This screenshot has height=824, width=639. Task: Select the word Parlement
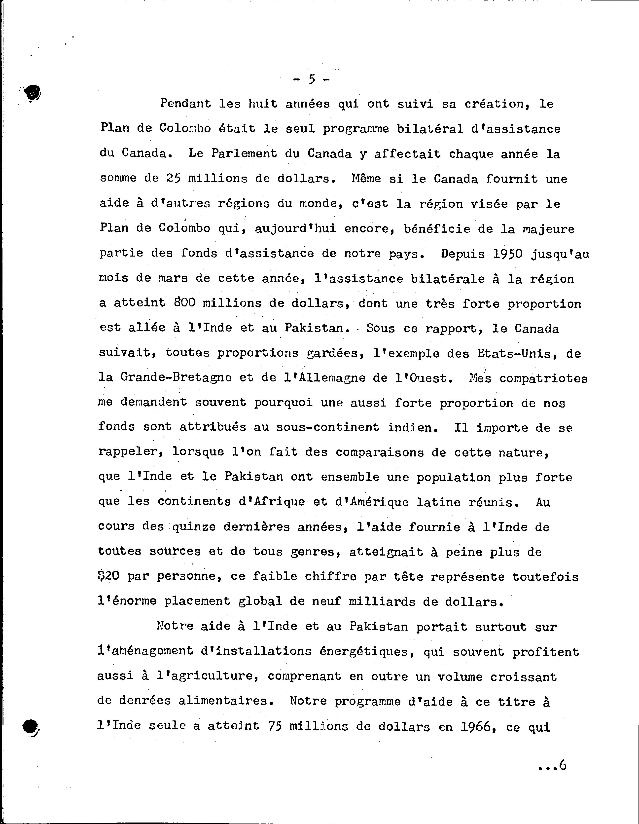coord(244,153)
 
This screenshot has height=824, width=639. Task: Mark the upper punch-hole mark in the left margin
coord(33,92)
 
